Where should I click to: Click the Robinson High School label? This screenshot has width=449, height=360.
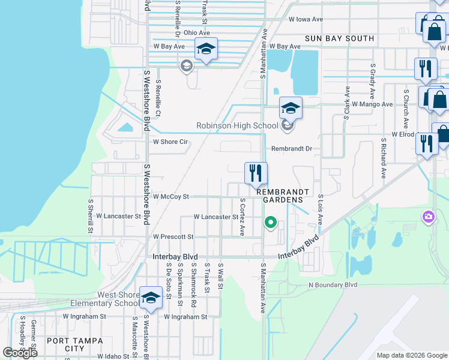237,125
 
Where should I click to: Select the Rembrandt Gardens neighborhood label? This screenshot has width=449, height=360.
283,196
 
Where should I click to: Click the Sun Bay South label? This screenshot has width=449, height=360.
339,38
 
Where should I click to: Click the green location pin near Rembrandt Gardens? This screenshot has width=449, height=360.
271,223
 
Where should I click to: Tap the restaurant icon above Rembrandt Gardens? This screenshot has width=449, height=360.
256,173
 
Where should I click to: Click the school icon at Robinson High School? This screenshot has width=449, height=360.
291,109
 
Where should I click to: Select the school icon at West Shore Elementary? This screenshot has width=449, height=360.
151,298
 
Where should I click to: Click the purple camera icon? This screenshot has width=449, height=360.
428,216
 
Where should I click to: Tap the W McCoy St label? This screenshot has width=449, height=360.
171,196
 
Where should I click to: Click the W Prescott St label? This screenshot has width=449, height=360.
173,237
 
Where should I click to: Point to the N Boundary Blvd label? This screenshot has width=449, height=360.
333,285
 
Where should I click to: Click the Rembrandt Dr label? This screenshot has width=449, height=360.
292,148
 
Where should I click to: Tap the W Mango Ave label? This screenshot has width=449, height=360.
372,104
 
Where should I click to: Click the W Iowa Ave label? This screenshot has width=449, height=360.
306,19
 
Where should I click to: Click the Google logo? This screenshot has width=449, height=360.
20,353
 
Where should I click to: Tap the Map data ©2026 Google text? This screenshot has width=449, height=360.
412,355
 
